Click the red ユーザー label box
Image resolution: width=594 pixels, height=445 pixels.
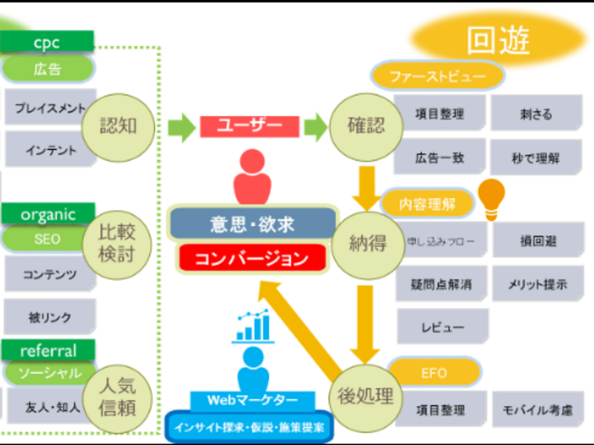click(249, 126)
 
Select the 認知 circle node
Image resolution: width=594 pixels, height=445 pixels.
click(119, 125)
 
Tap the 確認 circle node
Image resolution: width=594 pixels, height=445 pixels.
click(366, 126)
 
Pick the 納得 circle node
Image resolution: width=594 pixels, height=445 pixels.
click(366, 242)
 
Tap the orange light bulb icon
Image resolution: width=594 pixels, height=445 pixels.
click(491, 199)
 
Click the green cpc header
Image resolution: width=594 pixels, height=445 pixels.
click(47, 42)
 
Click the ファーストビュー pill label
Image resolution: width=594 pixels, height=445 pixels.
click(437, 76)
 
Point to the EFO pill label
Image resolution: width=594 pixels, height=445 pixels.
click(434, 372)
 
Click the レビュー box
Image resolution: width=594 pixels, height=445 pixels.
click(442, 327)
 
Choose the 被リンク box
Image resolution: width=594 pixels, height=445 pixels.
click(48, 317)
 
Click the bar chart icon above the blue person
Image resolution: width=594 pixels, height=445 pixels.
click(254, 326)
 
